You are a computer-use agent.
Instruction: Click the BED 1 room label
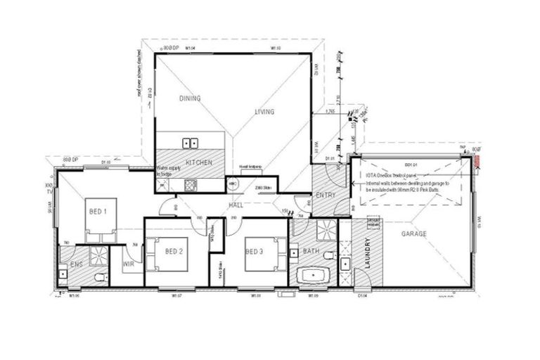tap(96, 210)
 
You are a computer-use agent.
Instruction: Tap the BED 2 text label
tap(174, 251)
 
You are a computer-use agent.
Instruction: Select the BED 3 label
tap(255, 251)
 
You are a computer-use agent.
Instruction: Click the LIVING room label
tap(264, 112)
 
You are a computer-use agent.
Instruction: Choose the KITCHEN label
tap(199, 162)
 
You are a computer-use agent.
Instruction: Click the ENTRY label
tap(326, 195)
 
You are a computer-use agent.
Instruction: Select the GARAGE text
tap(413, 234)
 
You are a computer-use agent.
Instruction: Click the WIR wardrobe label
tap(129, 264)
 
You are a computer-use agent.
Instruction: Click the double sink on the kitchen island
tap(190, 143)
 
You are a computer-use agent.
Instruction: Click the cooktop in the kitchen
tap(190, 185)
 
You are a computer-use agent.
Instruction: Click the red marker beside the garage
tap(477, 163)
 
